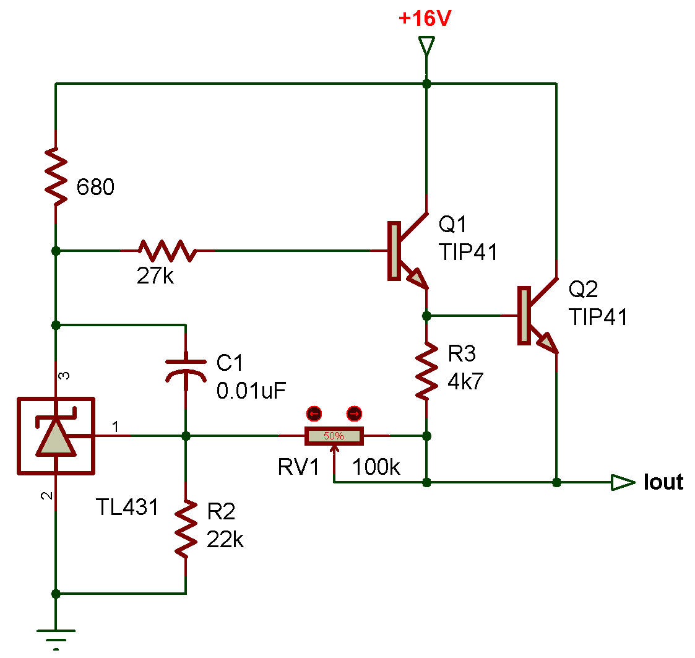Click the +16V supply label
coord(425,19)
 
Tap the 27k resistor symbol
coord(167,251)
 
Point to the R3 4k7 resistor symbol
coord(426,371)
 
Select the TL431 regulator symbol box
coord(56,436)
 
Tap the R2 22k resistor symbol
coord(186,529)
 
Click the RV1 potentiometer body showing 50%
coord(334,436)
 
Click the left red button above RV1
coord(314,413)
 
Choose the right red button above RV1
coord(354,413)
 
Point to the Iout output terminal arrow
coord(622,482)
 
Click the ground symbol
coord(56,634)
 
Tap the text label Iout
coord(663,482)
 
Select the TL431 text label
coord(127,508)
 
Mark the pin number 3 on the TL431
coord(61,376)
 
